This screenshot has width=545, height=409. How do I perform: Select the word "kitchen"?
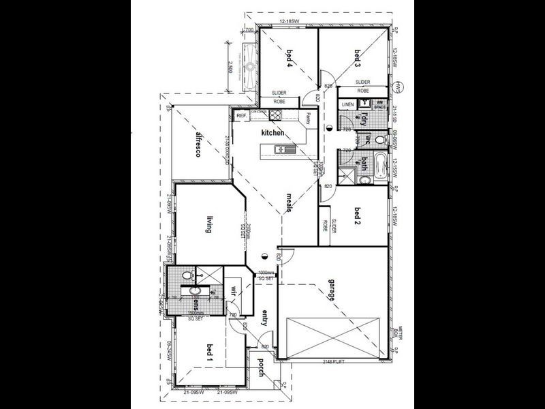(271, 133)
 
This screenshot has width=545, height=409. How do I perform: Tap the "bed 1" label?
(208, 352)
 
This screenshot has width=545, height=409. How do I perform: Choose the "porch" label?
(260, 374)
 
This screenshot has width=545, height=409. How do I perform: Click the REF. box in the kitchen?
(241, 117)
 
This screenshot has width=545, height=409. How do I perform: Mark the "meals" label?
(288, 203)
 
